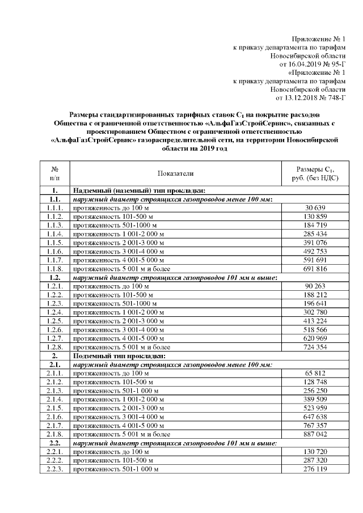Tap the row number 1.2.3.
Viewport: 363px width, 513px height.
click(x=55, y=303)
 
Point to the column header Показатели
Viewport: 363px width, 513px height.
click(x=176, y=173)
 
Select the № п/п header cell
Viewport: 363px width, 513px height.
click(x=55, y=173)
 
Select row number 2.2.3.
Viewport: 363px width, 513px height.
click(x=55, y=469)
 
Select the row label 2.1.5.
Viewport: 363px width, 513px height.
click(x=55, y=408)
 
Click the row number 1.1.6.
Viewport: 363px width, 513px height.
click(x=55, y=252)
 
